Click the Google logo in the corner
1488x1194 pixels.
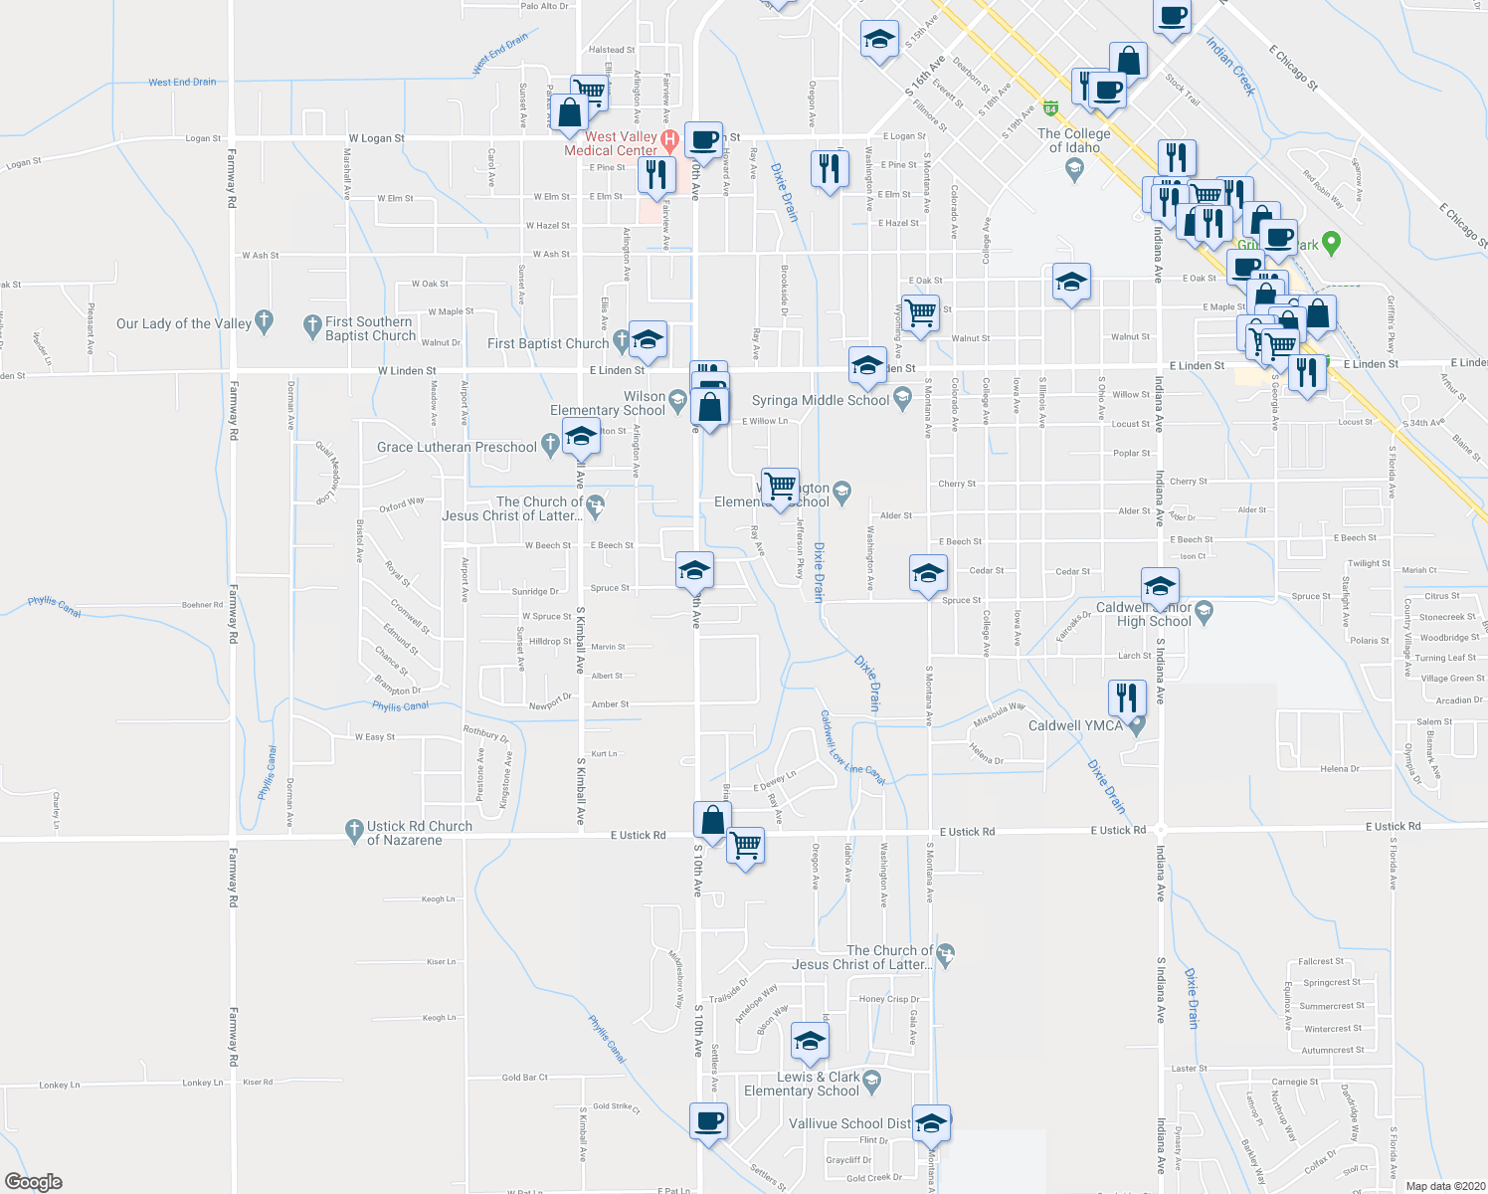pos(34,1181)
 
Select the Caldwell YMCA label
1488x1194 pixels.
pos(1075,725)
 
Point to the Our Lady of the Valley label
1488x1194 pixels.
pos(184,323)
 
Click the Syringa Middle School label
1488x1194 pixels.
pos(821,400)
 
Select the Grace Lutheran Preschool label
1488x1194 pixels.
pos(457,447)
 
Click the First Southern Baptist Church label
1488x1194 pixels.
pos(370,328)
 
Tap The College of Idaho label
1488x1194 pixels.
pos(1073,140)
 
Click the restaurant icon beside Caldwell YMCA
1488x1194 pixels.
pos(1126,696)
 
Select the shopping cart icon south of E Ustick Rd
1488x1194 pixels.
pos(745,846)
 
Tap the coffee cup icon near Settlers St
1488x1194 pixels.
pos(708,1120)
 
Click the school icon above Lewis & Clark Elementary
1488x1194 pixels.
pos(810,1042)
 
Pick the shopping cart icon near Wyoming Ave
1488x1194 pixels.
pos(920,313)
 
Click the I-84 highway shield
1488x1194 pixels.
pos(1050,105)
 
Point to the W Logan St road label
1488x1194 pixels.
pos(376,138)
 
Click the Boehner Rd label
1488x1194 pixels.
pos(202,604)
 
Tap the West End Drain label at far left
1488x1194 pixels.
pos(182,82)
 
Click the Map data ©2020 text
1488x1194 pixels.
pos(1441,1185)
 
